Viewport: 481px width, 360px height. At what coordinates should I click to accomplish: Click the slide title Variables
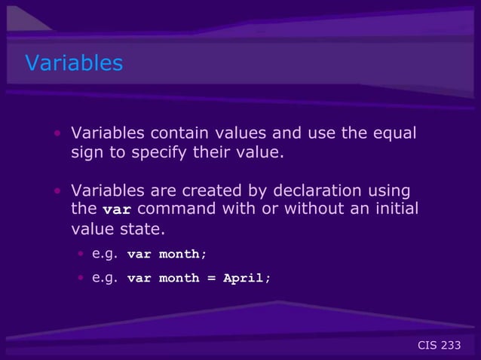[x=74, y=63]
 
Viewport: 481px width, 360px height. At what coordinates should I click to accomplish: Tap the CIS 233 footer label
[x=439, y=345]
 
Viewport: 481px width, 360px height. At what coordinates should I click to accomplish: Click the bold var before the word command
[x=117, y=209]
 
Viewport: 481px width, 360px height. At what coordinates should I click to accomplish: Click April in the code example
[x=244, y=278]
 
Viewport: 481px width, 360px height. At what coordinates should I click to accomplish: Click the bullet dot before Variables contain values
[x=57, y=135]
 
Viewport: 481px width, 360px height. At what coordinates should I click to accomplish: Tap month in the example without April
[x=180, y=255]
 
